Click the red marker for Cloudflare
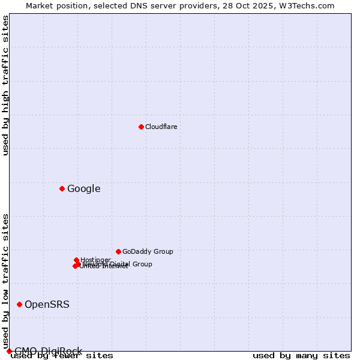coord(141,127)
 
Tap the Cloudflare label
coord(161,127)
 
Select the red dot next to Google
coord(62,188)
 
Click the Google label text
coord(83,189)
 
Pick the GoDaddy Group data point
coord(118,251)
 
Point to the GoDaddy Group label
coord(148,251)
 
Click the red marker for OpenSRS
coord(19,304)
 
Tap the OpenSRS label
coord(47,305)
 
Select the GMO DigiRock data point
coord(9,351)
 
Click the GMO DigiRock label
coord(48,351)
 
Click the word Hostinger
coord(95,260)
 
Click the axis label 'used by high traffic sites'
coord(6,85)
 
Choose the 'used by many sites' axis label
coord(301,356)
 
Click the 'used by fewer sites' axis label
coord(62,356)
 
